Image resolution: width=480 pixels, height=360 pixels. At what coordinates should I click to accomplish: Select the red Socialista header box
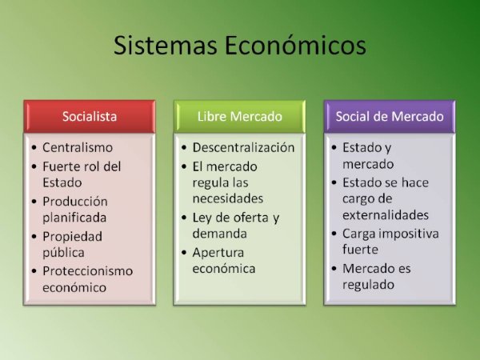point(90,116)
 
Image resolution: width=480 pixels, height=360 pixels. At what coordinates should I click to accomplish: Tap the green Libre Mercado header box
point(240,116)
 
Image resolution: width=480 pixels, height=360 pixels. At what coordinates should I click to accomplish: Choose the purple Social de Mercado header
point(390,116)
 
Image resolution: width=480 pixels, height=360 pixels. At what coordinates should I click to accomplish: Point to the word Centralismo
point(78,148)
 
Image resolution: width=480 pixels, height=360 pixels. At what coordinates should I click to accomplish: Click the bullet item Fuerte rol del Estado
point(81,174)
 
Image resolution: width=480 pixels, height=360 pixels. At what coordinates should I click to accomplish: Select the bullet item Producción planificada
point(75,209)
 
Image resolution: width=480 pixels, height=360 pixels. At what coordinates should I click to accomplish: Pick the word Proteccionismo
point(88,270)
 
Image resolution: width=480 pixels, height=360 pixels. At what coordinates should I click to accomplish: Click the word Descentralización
point(244,148)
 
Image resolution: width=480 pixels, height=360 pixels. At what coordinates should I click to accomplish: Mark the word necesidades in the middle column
point(228,198)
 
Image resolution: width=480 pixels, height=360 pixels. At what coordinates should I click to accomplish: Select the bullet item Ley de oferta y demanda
point(235,225)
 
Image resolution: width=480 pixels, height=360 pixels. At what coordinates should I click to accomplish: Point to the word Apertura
point(218,251)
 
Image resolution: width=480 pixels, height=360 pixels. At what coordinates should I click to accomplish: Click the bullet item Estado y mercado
point(368,156)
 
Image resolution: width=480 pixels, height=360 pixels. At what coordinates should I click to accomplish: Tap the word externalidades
point(386,215)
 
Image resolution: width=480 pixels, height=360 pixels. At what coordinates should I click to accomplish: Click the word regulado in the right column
point(369,285)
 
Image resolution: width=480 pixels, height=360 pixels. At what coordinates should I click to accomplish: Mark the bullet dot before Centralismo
point(33,149)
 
